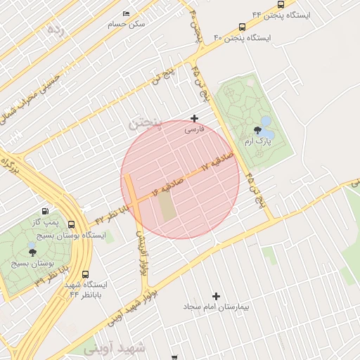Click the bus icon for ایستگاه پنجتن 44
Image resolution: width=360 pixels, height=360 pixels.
pos(281,4)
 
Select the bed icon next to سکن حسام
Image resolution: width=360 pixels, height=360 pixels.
pos(126,14)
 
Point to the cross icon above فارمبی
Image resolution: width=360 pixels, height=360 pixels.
pos(195,118)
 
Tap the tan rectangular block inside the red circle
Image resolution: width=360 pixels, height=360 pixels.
pos(166,205)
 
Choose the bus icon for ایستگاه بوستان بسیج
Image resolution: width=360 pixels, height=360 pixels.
pos(71,224)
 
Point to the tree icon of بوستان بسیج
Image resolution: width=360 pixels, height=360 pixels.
pos(32,251)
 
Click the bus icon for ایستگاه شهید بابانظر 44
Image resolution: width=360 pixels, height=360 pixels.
pos(85,274)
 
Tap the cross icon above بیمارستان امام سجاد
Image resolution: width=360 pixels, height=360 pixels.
pos(216,296)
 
